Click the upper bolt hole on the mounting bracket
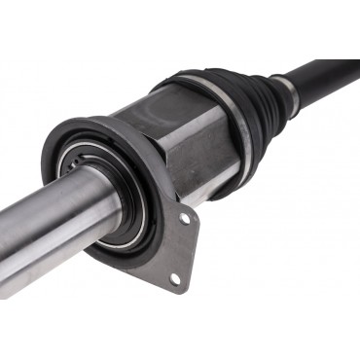[x=184, y=219]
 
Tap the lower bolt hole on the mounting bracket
[x=175, y=278]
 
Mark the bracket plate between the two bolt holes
[x=180, y=249]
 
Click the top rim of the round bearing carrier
[x=92, y=126]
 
